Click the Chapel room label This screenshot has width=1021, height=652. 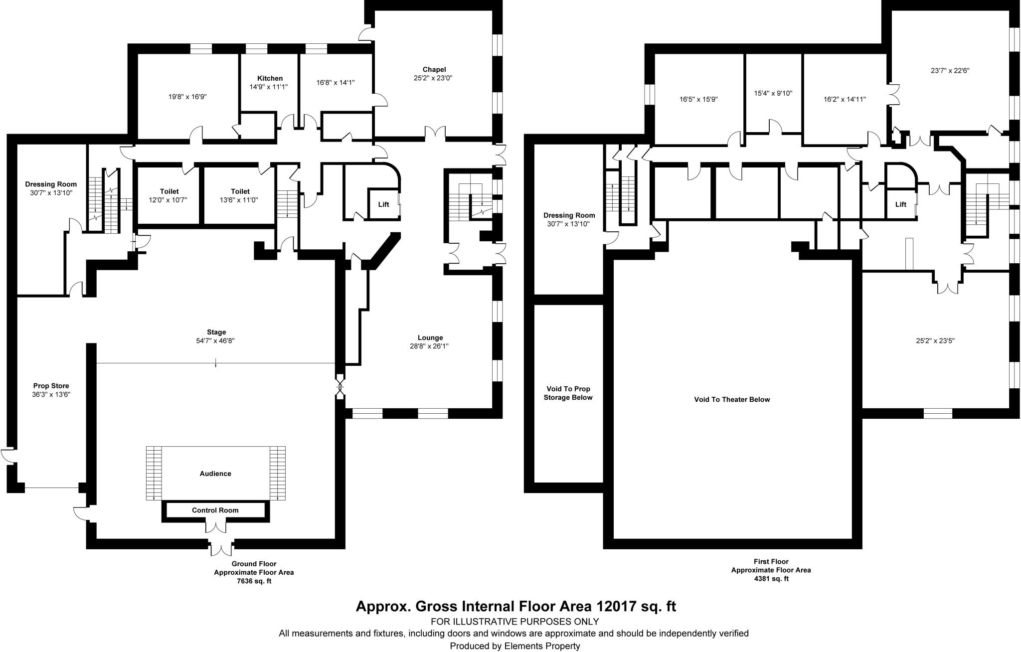pos(434,70)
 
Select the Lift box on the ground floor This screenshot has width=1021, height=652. pos(383,204)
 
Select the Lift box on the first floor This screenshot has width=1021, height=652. pos(900,204)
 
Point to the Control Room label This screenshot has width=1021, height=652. pos(215,510)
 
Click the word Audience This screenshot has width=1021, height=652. pos(215,474)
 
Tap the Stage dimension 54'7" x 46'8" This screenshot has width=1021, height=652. pos(216,341)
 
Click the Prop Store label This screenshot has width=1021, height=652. pos(51,386)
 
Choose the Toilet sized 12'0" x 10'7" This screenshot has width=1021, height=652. pos(170,195)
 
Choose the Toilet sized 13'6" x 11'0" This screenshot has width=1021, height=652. pos(240,195)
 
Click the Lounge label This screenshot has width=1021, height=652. pos(430,337)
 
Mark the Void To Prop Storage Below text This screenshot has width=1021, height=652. pos(568,393)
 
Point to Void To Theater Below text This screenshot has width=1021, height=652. pos(732,399)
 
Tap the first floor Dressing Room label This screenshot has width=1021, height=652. pos(569,215)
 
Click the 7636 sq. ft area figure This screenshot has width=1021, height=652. pos(254,581)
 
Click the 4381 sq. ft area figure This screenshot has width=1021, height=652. pos(771,579)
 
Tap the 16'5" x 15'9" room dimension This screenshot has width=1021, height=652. pos(698,99)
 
